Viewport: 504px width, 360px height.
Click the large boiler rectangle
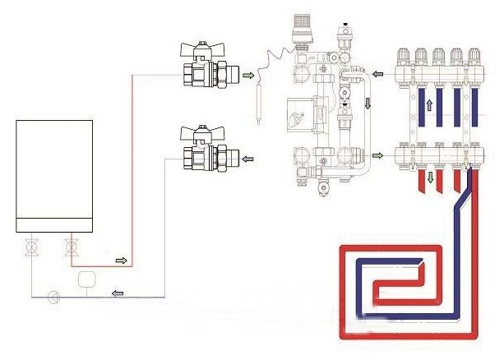tap(53, 175)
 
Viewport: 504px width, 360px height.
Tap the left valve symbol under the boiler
tap(32, 245)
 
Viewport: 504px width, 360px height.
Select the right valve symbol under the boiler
tap(69, 245)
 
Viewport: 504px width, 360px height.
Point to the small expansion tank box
tap(85, 279)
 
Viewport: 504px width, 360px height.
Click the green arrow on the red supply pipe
tap(122, 261)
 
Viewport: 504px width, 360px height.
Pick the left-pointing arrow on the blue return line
tap(119, 289)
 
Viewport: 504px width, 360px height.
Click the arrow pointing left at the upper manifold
tap(377, 73)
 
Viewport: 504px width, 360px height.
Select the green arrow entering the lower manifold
tap(377, 154)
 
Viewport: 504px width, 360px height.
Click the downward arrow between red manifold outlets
tap(428, 177)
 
